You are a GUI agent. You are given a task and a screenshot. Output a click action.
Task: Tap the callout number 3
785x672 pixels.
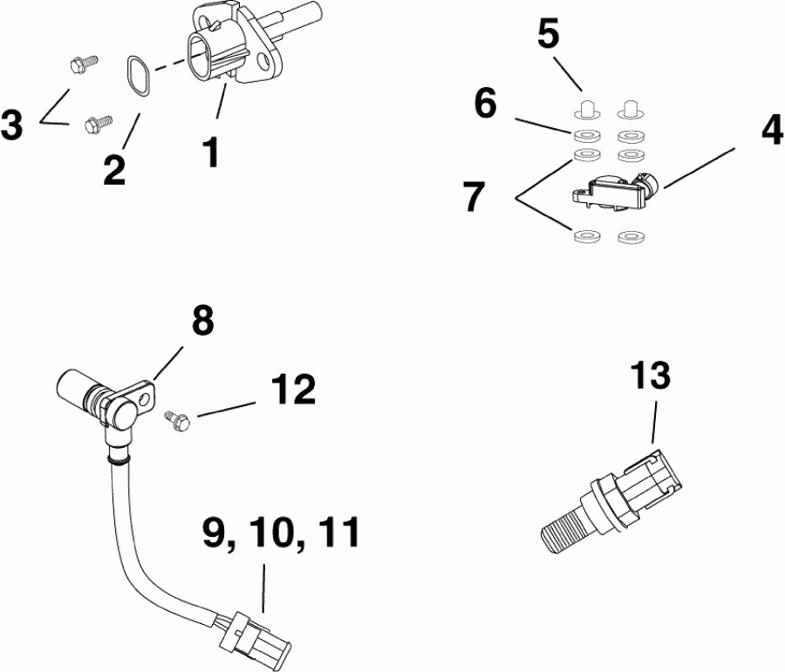point(13,125)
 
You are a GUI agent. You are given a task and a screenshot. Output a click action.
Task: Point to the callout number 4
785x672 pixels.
point(770,131)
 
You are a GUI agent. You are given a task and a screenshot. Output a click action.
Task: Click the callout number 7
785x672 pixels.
point(473,196)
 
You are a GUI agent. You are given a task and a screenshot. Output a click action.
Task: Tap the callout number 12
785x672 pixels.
point(292,391)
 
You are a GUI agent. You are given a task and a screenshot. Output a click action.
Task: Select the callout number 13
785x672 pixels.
point(651,377)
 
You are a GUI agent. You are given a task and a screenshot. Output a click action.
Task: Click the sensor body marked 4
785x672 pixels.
point(611,188)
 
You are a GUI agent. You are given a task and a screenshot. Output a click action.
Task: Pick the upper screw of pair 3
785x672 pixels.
point(78,64)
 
